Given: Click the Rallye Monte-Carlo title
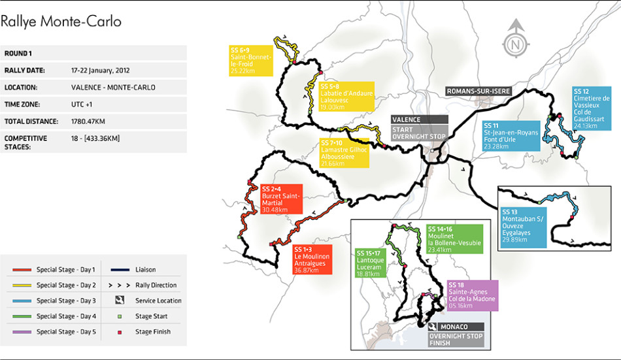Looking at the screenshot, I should click(61, 22).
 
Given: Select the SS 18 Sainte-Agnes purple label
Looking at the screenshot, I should click(473, 295).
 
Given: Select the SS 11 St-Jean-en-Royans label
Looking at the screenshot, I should click(511, 135).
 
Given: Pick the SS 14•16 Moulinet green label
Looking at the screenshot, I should click(454, 239).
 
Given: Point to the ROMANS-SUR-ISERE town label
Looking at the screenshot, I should click(478, 91).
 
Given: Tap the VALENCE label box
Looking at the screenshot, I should click(420, 120).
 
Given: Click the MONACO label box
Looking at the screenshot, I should click(456, 326).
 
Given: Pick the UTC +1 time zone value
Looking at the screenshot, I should click(84, 105).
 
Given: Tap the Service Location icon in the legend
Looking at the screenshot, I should click(120, 301).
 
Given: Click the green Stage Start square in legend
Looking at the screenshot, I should click(120, 316).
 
